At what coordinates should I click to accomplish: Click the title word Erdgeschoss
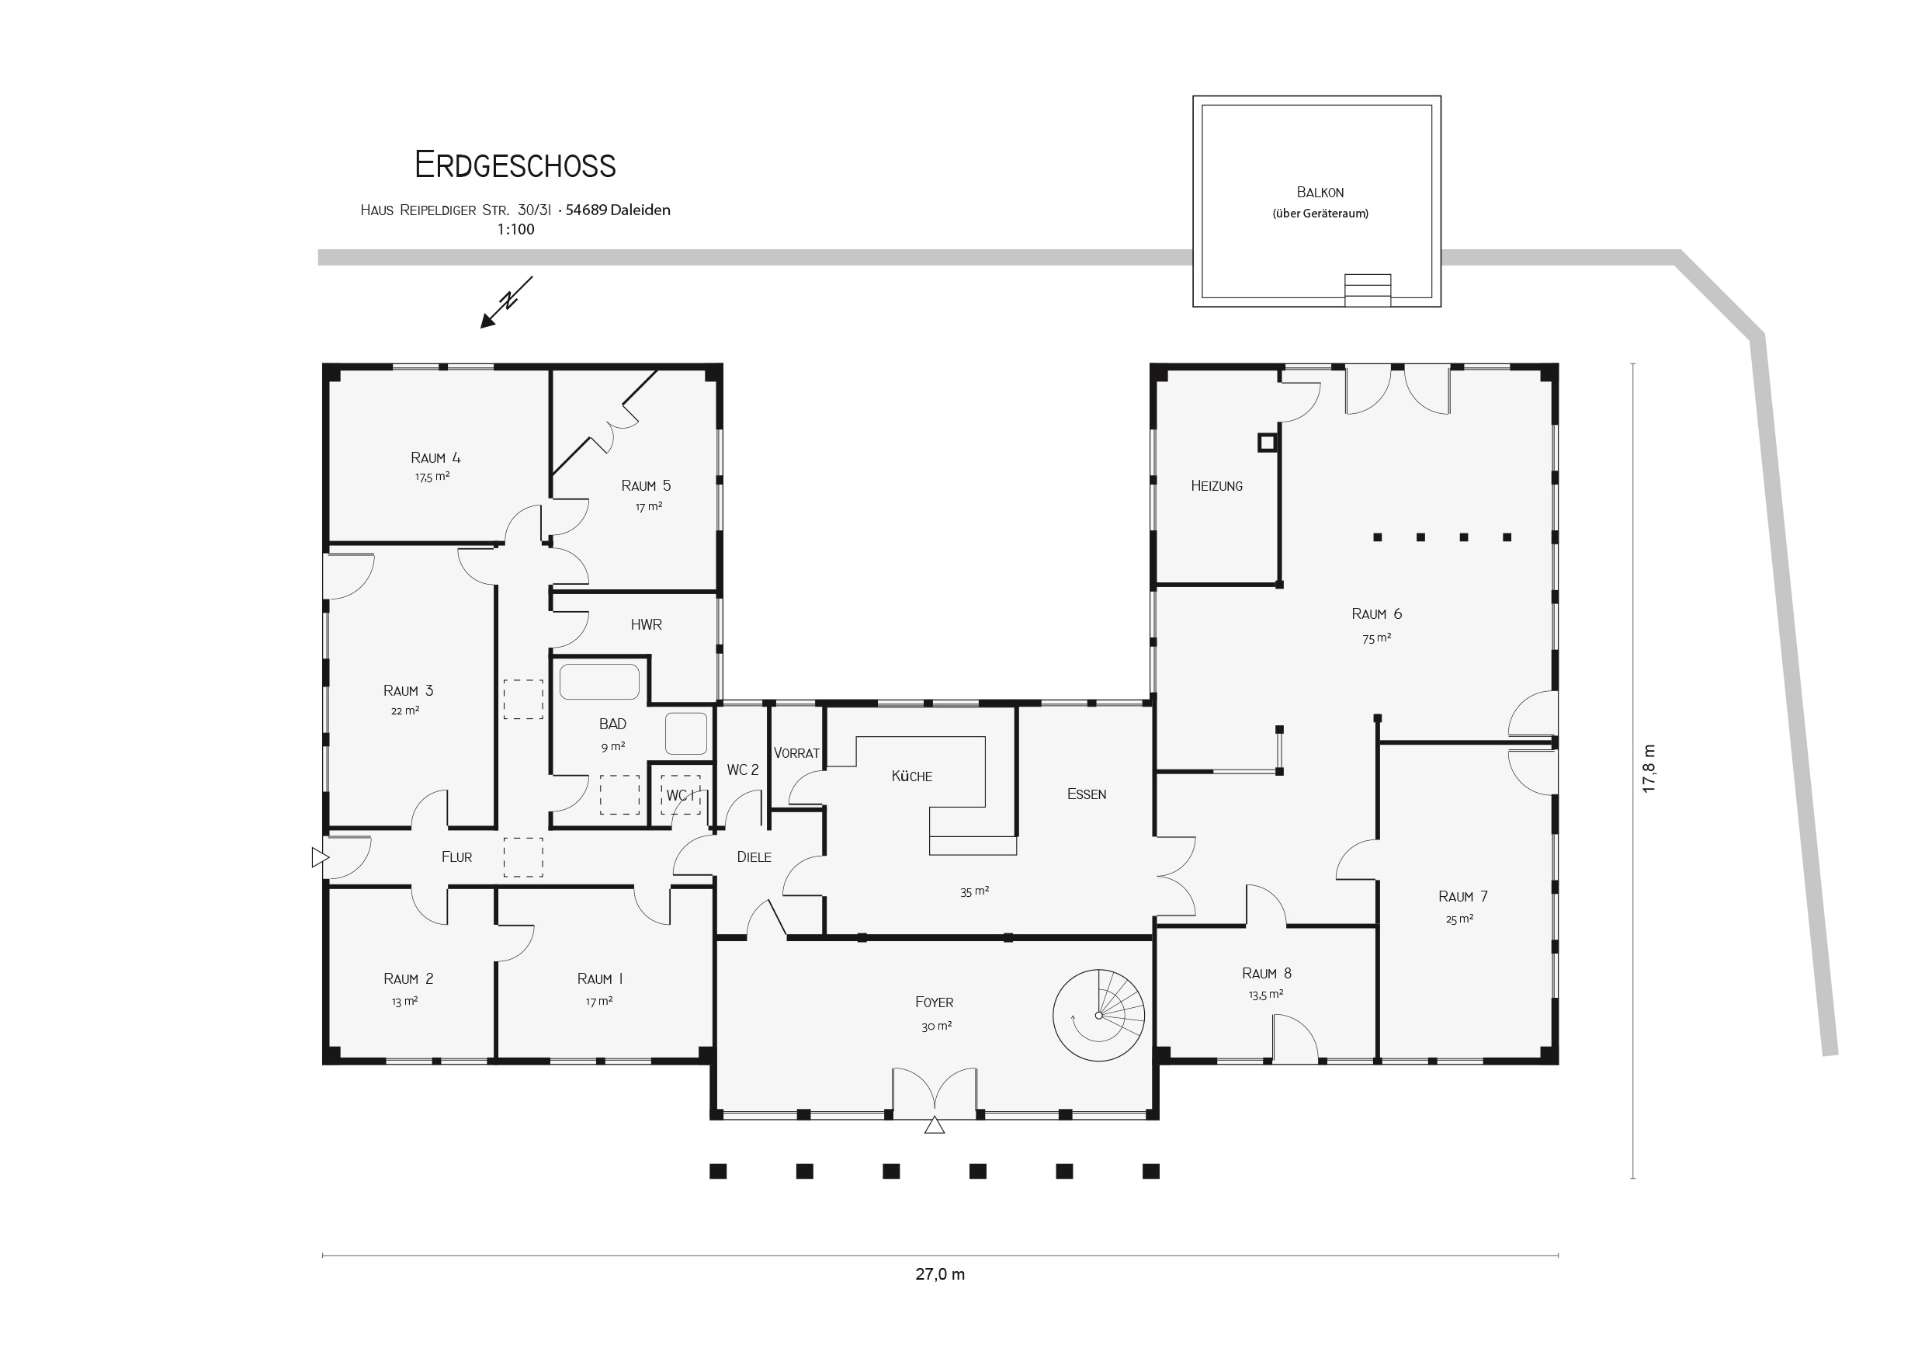coord(515,165)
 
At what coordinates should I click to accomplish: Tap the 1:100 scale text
coord(515,230)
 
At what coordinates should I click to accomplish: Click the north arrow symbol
coord(506,302)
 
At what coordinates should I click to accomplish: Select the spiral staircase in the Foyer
coord(1098,1015)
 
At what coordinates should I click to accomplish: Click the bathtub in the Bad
coord(599,682)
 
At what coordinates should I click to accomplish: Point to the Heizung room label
coord(1216,485)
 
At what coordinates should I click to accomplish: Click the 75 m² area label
coord(1377,638)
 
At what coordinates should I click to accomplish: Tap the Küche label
coord(911,776)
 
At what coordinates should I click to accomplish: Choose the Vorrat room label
coord(796,753)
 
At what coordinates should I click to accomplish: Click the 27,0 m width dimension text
coord(940,1275)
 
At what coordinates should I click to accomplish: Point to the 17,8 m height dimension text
coord(1649,768)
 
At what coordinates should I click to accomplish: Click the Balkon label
coord(1320,192)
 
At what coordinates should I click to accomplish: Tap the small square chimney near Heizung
coord(1267,442)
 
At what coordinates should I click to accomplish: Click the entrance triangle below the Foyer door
coord(934,1125)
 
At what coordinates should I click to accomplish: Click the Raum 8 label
coord(1266,974)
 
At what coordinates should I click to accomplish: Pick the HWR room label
coord(647,625)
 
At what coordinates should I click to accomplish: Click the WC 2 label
coord(743,770)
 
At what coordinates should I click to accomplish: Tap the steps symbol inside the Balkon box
coord(1368,290)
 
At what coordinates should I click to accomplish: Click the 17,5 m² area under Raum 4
coord(432,476)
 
